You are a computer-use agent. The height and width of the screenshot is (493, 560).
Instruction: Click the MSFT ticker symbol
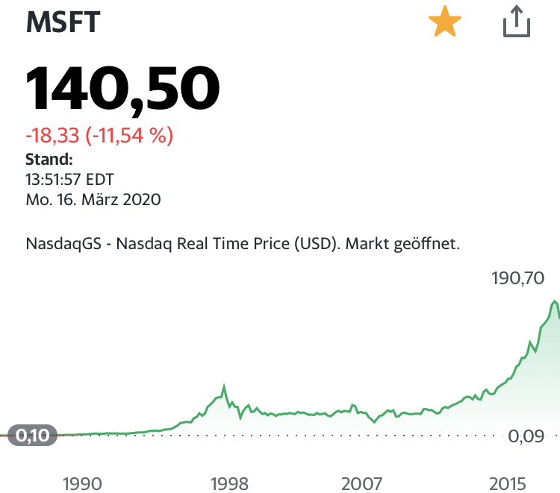(63, 23)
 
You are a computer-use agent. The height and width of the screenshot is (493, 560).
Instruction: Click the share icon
(515, 23)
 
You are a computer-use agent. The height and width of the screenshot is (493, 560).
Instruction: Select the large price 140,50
(123, 88)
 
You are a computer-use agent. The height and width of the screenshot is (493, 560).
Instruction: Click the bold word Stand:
(49, 159)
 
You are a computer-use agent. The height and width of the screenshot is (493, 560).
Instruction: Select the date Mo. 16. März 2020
(93, 200)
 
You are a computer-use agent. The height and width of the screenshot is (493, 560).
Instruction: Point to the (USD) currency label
(305, 243)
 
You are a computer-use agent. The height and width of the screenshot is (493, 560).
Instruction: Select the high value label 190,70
(518, 279)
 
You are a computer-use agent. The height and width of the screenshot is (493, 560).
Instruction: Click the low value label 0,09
(526, 437)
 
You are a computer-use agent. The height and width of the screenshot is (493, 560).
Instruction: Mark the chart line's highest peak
(554, 301)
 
